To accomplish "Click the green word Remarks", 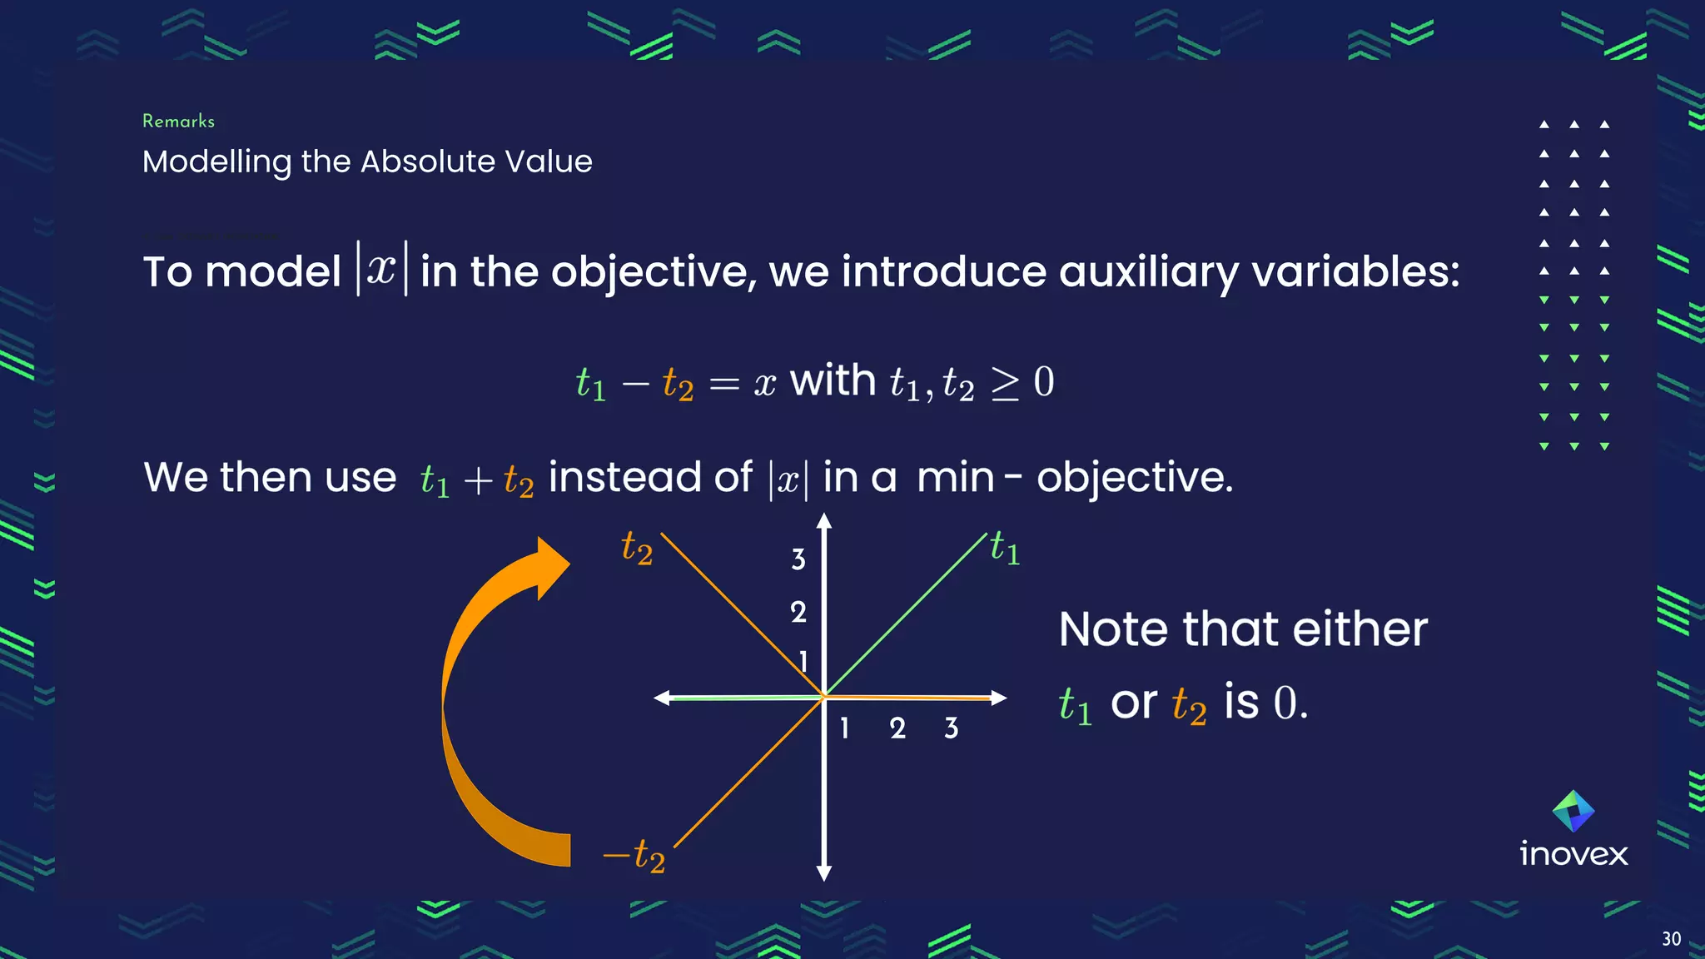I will (178, 122).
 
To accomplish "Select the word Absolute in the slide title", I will (427, 161).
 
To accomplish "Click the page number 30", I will (1671, 939).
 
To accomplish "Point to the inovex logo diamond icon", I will (1573, 811).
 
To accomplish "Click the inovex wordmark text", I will (1573, 854).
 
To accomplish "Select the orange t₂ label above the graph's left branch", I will (637, 549).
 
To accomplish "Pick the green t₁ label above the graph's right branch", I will (1005, 549).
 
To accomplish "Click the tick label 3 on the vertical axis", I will (798, 559).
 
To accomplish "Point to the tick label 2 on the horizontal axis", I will (897, 728).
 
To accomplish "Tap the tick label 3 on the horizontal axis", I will (951, 728).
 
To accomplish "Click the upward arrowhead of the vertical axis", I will (824, 521).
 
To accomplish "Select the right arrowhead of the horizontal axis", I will (1000, 698).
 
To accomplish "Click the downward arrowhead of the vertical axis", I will (824, 873).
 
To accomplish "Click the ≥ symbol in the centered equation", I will (1005, 384).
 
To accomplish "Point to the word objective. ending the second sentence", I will (1134, 478).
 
